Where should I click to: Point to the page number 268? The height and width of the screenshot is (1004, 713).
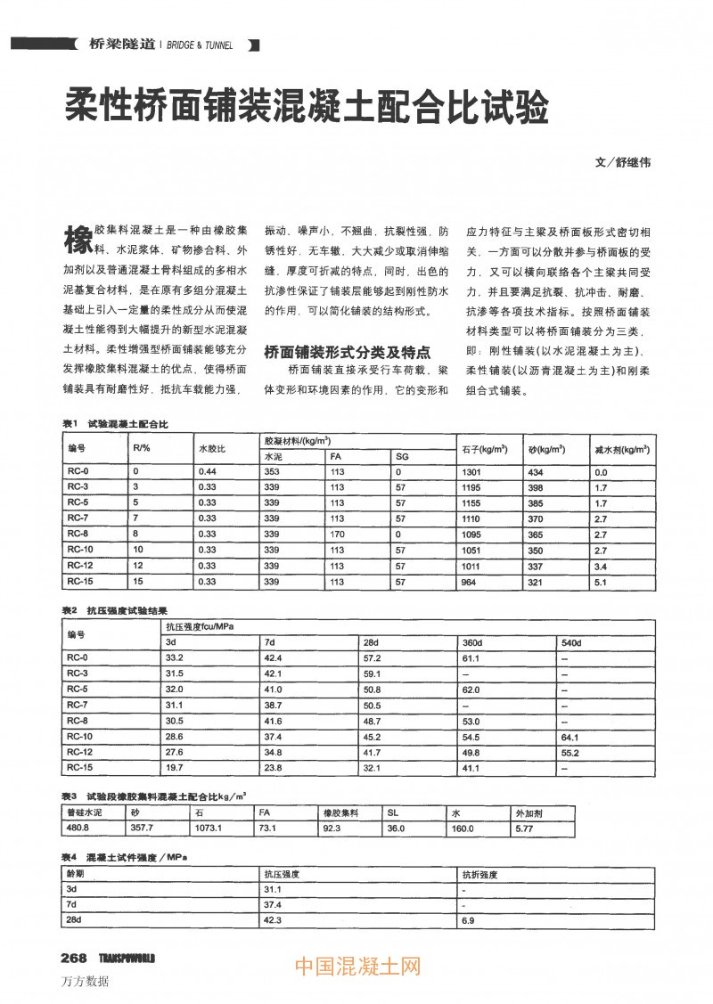click(x=73, y=958)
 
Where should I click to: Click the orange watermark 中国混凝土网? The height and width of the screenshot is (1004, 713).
click(x=356, y=966)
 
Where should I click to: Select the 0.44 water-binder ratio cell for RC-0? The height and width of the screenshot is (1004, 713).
click(x=208, y=471)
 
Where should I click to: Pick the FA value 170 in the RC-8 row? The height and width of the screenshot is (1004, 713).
click(x=338, y=534)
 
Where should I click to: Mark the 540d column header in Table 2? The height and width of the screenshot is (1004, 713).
click(x=571, y=642)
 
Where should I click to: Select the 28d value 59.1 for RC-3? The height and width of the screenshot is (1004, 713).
click(x=373, y=673)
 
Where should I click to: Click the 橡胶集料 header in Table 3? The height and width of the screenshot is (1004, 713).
click(x=339, y=812)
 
